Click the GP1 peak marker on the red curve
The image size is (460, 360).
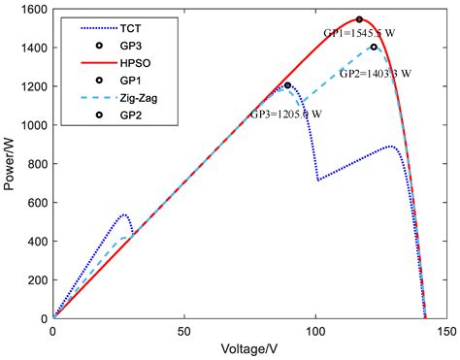pyautogui.click(x=359, y=19)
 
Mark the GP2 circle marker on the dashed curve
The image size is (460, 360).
pyautogui.click(x=374, y=47)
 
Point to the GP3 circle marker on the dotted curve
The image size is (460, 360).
pyautogui.click(x=287, y=85)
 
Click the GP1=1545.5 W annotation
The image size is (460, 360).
pyautogui.click(x=358, y=33)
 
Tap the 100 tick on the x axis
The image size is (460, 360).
pyautogui.click(x=316, y=331)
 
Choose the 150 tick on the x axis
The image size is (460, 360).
pyautogui.click(x=447, y=331)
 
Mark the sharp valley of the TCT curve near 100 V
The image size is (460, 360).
pyautogui.click(x=318, y=180)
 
